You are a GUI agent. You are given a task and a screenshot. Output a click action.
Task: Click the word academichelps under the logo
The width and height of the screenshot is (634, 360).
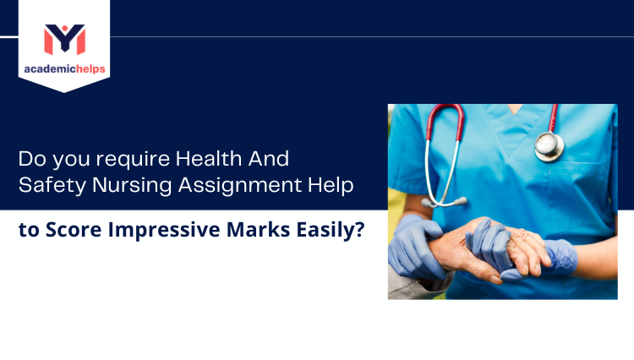pyautogui.click(x=64, y=68)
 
